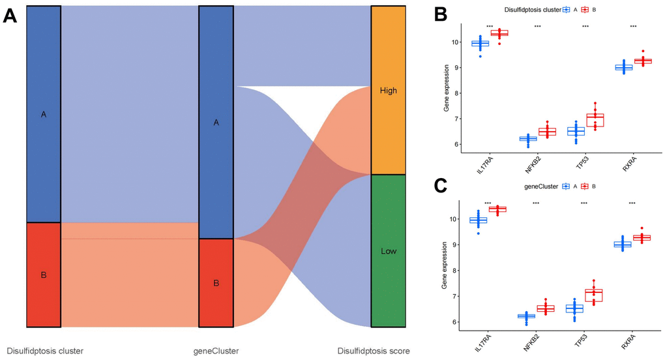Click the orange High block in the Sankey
pyautogui.click(x=388, y=91)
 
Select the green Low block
pyautogui.click(x=388, y=250)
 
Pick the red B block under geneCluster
pyautogui.click(x=216, y=282)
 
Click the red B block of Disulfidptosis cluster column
pyautogui.click(x=44, y=275)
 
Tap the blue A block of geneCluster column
pyautogui.click(x=216, y=122)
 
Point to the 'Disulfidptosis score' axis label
pyautogui.click(x=374, y=351)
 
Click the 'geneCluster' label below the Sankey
pyautogui.click(x=216, y=351)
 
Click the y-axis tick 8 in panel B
pyautogui.click(x=457, y=93)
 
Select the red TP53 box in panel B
pyautogui.click(x=595, y=120)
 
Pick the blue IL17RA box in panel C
pyautogui.click(x=479, y=220)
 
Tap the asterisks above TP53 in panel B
pyautogui.click(x=585, y=27)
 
